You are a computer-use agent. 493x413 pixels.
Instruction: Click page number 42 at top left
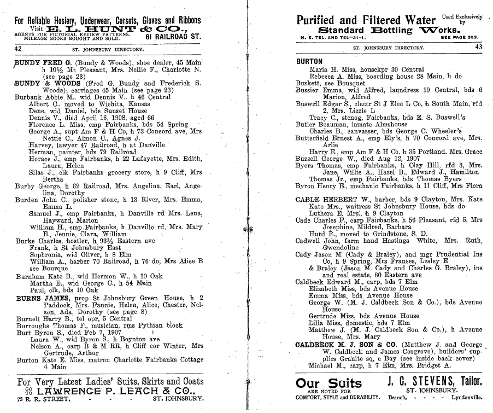click(x=17, y=49)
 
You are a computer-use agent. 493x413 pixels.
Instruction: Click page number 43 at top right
click(x=479, y=48)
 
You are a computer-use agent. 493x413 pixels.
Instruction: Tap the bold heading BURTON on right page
click(x=309, y=62)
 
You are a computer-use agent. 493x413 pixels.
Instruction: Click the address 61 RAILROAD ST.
click(x=173, y=37)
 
